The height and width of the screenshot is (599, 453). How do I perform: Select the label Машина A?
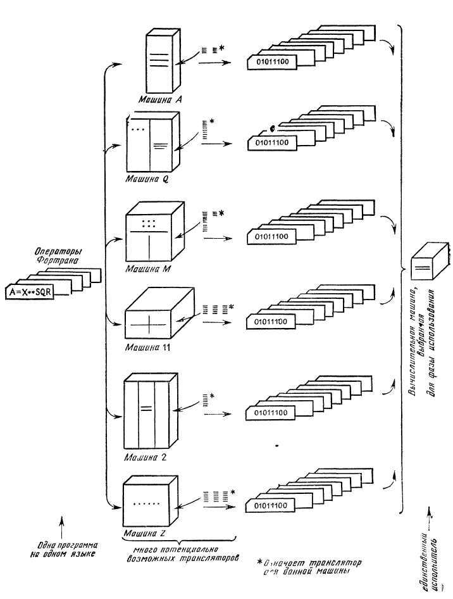coord(161,99)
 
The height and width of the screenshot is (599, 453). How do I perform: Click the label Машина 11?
coord(146,348)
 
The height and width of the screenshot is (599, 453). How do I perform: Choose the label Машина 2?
coord(145,455)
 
